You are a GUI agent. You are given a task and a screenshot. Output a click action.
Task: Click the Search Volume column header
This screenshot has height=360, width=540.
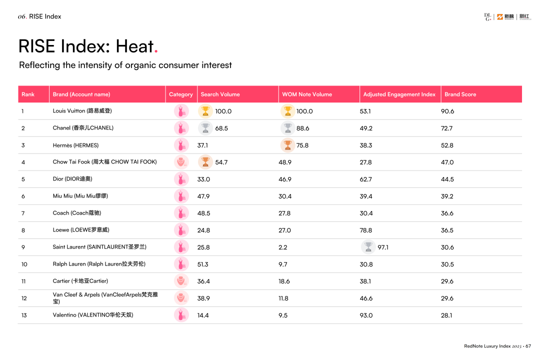tap(220, 94)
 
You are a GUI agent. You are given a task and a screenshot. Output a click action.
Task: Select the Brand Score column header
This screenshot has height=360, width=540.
tap(460, 94)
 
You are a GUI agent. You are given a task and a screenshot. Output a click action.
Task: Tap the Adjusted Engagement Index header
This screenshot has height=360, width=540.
tap(399, 94)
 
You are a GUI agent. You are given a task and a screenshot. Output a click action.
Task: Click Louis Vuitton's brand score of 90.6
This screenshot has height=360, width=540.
tap(447, 111)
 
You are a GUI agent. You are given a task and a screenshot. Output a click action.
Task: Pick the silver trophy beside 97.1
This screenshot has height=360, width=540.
tap(368, 247)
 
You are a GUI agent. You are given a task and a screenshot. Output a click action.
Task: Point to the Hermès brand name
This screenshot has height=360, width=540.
tap(75, 145)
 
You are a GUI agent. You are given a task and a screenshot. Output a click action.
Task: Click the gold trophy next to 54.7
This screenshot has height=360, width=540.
tap(205, 162)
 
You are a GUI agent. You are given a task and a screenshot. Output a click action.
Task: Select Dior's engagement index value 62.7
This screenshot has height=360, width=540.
tap(365, 179)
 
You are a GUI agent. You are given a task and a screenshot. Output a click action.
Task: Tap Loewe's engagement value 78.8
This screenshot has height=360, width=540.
tap(365, 230)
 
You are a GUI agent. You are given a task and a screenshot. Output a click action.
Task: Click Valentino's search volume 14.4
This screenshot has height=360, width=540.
tap(203, 315)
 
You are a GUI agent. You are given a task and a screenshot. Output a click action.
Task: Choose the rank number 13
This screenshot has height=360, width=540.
tap(24, 315)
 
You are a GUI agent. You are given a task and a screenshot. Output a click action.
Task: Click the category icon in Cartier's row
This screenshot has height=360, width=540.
tap(181, 281)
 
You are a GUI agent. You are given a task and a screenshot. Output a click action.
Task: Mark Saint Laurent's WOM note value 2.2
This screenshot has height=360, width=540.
tap(283, 247)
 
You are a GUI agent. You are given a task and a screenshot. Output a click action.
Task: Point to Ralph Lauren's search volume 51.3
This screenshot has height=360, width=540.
tap(203, 264)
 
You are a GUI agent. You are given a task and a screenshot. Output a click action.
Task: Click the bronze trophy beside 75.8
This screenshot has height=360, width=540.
tap(287, 145)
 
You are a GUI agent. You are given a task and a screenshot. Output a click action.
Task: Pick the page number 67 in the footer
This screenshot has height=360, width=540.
tap(528, 346)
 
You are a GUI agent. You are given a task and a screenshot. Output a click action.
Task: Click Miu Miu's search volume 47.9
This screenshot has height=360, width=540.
tap(203, 196)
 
